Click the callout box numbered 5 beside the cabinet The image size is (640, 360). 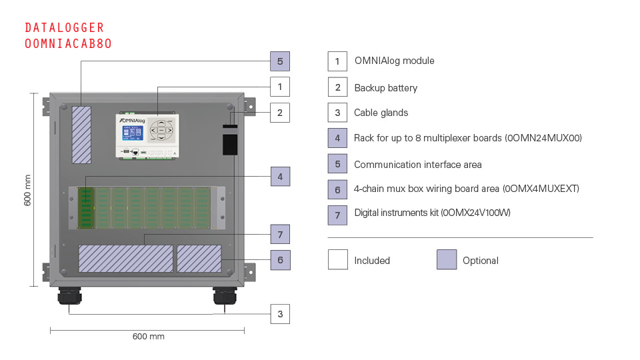click(x=280, y=61)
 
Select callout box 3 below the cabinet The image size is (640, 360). click(x=280, y=314)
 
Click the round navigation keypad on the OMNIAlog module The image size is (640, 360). click(x=161, y=130)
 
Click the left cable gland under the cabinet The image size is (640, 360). click(x=69, y=295)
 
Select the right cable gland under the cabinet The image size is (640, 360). click(x=225, y=295)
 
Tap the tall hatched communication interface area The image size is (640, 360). click(x=81, y=135)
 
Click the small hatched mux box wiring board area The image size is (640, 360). click(x=199, y=259)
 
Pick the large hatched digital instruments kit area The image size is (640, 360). click(x=126, y=259)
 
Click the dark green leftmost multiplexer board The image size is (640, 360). click(x=86, y=208)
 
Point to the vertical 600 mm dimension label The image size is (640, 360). click(x=27, y=190)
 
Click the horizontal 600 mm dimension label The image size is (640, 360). click(x=149, y=336)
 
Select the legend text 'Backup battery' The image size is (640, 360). click(x=386, y=88)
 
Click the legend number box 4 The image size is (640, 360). click(x=337, y=138)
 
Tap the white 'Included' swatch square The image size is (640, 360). click(x=338, y=259)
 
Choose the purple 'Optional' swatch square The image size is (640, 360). click(x=447, y=259)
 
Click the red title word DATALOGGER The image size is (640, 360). click(x=65, y=28)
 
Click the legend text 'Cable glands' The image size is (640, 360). click(x=381, y=113)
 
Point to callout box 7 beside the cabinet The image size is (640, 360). click(x=280, y=234)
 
